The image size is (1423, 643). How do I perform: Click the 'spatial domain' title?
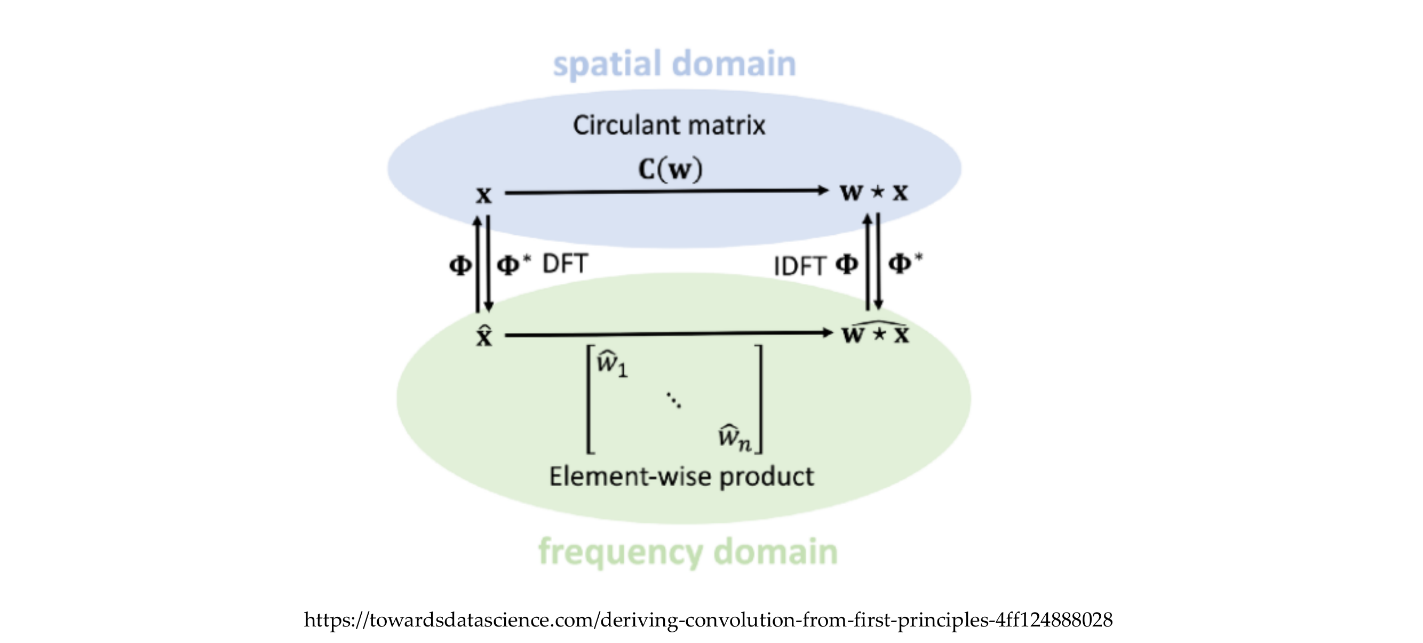coord(674,63)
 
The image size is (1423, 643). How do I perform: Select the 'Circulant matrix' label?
coord(669,125)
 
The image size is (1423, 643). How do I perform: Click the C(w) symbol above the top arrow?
coord(671,169)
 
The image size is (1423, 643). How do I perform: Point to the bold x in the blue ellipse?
coord(484,194)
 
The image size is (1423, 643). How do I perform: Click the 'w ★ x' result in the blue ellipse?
coord(874,192)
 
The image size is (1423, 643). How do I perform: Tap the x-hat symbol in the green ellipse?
coord(484,335)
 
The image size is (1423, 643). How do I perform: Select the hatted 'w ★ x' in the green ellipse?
coord(876,333)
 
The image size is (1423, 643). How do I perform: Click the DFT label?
coord(565,264)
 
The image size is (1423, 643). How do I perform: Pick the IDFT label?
coord(799,266)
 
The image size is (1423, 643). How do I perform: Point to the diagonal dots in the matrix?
coord(673,400)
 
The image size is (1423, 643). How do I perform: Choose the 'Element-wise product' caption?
coord(681,476)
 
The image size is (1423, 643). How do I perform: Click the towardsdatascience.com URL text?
coord(708,620)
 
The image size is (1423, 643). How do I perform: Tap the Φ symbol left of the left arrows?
coord(460,265)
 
